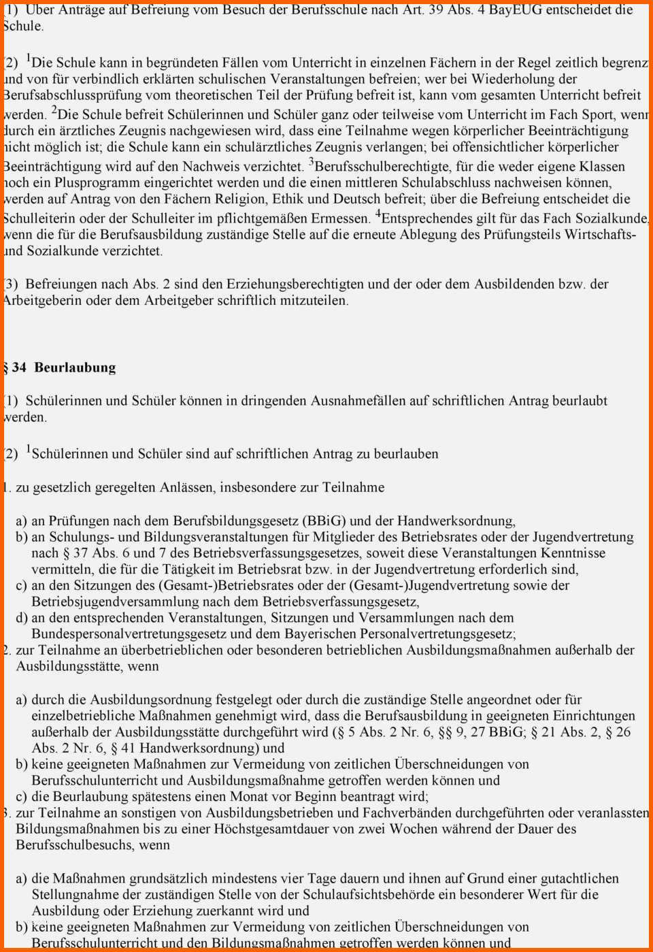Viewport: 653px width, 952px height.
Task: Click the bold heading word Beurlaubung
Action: click(x=75, y=368)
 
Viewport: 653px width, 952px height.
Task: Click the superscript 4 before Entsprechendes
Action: click(x=378, y=215)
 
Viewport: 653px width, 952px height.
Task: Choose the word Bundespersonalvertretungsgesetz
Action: click(x=128, y=634)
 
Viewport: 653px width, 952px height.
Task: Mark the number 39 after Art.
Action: click(x=436, y=10)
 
